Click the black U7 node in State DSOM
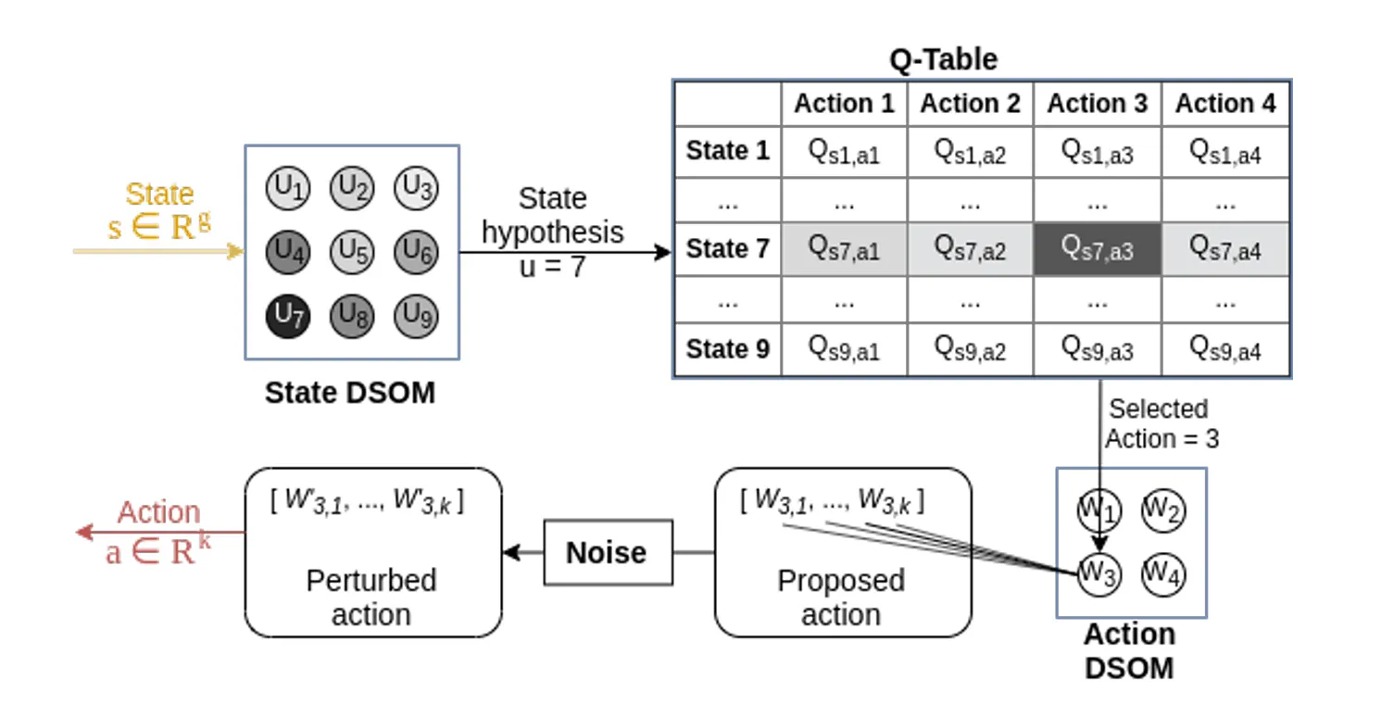[x=287, y=317]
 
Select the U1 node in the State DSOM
[x=287, y=189]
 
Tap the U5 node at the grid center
[x=351, y=251]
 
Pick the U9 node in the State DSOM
[x=415, y=317]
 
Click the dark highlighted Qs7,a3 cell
[x=1098, y=249]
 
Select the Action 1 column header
[x=844, y=104]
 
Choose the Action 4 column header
[x=1225, y=104]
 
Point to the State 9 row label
[x=727, y=349]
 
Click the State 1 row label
[x=727, y=151]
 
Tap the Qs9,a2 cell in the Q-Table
[x=970, y=349]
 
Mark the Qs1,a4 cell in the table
[x=1225, y=151]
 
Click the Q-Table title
[x=943, y=59]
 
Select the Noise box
[x=607, y=553]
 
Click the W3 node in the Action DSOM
[x=1099, y=573]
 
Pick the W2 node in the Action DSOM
[x=1163, y=509]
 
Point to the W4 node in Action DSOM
[x=1163, y=573]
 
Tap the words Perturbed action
[x=371, y=597]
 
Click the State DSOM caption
[x=350, y=393]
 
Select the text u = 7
[x=552, y=268]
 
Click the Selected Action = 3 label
[x=1161, y=423]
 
